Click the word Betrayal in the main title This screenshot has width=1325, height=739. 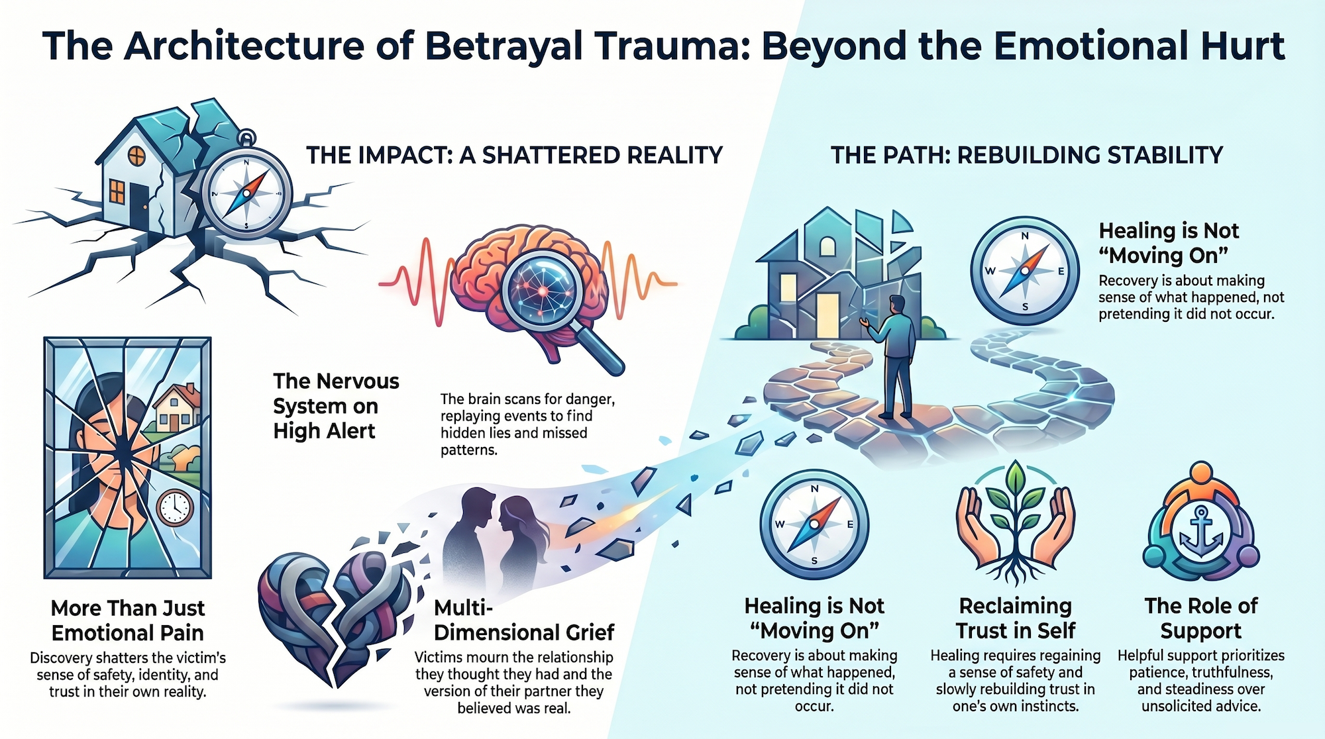503,46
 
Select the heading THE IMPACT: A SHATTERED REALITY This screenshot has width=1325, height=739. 514,155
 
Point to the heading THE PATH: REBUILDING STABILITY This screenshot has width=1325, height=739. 1027,155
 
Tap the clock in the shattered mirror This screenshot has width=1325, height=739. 175,508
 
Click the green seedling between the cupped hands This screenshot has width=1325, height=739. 1014,503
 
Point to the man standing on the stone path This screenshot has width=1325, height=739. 898,354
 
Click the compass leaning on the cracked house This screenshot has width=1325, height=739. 247,192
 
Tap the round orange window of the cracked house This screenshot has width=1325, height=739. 136,156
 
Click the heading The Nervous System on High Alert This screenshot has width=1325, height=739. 336,406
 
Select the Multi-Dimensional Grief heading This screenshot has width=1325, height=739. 523,620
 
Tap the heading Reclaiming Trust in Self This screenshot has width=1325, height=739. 1016,618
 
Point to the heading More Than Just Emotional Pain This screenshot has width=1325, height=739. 128,620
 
